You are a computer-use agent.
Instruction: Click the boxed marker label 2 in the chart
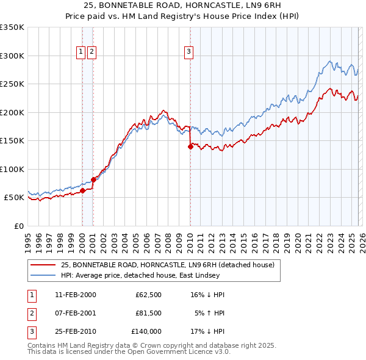tap(91, 52)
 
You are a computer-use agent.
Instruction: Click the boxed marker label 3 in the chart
tap(189, 52)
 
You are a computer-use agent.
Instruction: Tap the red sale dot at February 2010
tap(190, 146)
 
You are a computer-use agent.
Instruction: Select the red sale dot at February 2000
tap(82, 190)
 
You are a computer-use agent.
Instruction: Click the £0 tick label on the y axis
tap(18, 226)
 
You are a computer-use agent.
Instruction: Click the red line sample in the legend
tap(43, 265)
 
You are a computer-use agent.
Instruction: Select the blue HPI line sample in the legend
tap(43, 275)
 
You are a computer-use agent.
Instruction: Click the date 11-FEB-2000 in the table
tap(75, 295)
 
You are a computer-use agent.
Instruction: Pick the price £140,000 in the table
tap(146, 332)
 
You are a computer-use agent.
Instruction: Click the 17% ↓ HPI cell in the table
tap(207, 332)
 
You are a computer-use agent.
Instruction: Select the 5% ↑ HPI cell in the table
tap(209, 314)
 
